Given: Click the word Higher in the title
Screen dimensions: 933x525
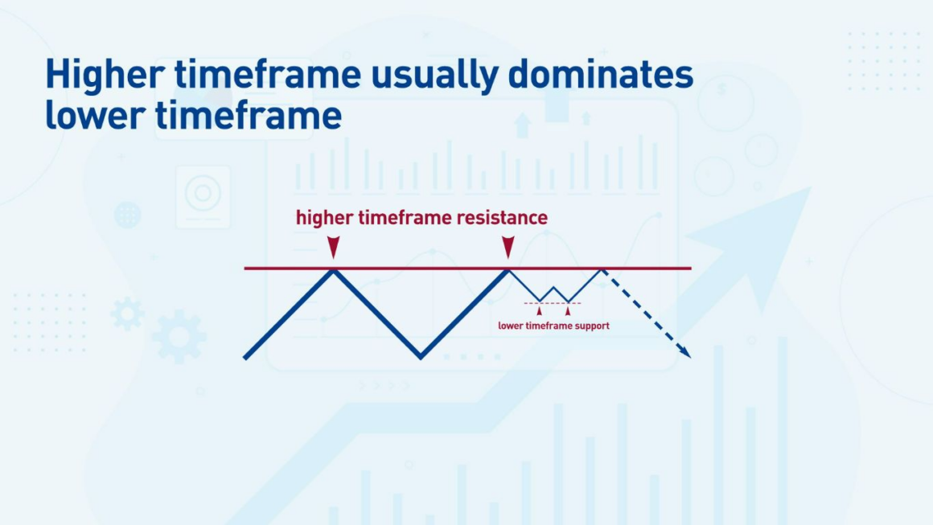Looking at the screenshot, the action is pos(105,75).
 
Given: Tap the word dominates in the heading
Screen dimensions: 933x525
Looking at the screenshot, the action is pos(600,74).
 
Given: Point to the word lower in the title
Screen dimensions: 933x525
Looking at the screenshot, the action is pos(95,115).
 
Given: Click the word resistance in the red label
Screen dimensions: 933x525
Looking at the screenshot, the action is pos(502,218).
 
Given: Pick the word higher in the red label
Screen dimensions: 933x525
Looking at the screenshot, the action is pos(325,218).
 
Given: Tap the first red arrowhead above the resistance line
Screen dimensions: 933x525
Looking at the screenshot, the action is pos(333,247).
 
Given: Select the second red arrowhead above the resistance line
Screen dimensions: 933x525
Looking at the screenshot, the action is pos(508,247).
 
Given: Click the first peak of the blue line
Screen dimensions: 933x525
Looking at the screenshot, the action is pos(333,271).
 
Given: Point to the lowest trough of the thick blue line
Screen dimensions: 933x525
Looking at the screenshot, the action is pos(421,357).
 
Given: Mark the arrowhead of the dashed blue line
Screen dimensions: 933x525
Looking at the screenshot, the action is pos(686,353).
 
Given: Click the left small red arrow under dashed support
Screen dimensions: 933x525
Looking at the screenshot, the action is pos(539,310).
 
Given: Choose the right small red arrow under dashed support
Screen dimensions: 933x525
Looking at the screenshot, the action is pos(568,310).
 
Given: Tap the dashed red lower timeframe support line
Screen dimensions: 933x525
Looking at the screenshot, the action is pos(553,303).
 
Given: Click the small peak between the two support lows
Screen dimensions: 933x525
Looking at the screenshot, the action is pos(553,288).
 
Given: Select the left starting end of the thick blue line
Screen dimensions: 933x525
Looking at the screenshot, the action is pos(245,357).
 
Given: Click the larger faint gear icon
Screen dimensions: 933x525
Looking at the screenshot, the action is pos(179,337).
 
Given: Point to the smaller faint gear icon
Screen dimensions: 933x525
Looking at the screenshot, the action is pos(127,314).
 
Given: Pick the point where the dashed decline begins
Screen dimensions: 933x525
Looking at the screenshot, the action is pos(602,270).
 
